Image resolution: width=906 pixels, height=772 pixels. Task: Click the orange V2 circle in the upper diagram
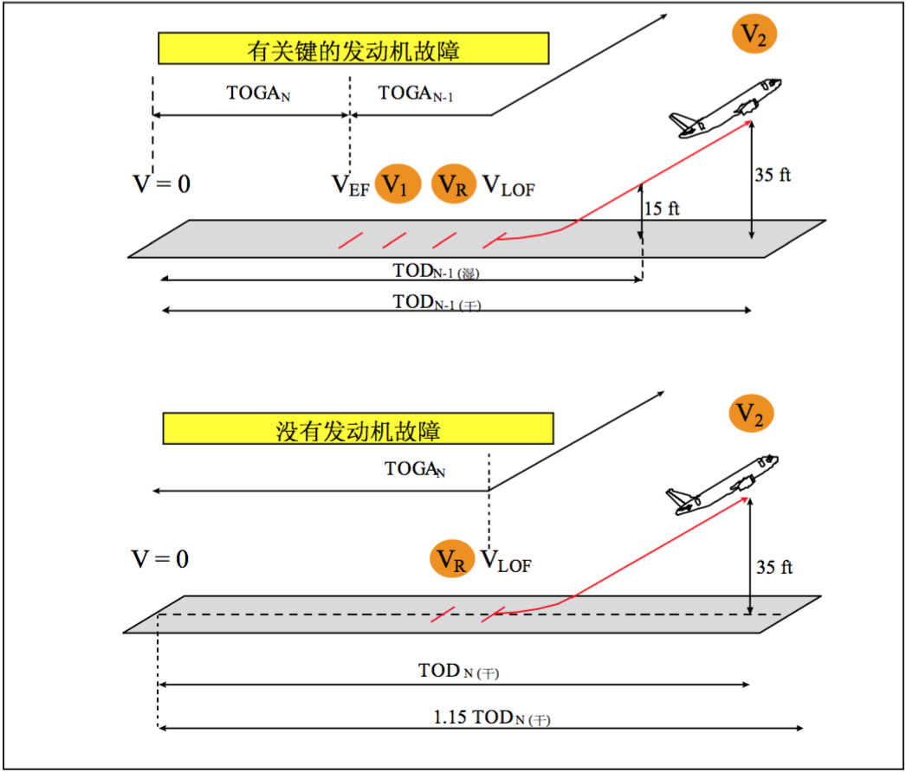[x=754, y=34]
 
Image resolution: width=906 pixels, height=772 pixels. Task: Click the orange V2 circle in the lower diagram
[x=751, y=414]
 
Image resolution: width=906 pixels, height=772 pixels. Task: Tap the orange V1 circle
[x=398, y=183]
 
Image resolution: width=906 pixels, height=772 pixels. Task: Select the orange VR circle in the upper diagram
[x=454, y=183]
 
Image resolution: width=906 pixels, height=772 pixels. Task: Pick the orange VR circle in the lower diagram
[x=452, y=559]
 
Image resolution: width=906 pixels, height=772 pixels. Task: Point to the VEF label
[x=350, y=185]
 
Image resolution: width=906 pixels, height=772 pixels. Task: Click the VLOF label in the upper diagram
[x=508, y=185]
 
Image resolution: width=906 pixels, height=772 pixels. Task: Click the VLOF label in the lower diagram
[x=506, y=561]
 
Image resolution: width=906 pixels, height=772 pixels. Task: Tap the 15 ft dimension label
[x=662, y=208]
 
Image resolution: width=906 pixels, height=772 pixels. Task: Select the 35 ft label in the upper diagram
[x=773, y=174]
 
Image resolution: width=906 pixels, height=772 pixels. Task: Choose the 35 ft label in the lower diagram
[x=774, y=567]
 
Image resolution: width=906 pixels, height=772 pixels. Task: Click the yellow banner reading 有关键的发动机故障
[x=353, y=48]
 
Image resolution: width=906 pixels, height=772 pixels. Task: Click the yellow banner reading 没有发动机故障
[x=359, y=428]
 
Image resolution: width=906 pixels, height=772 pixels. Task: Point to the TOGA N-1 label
[x=416, y=93]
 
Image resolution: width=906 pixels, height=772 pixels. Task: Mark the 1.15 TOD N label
[x=492, y=717]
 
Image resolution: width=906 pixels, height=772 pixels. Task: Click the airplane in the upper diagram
[x=725, y=108]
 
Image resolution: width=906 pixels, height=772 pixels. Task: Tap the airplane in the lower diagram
[x=722, y=485]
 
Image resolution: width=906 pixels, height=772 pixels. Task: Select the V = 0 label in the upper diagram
[x=161, y=183]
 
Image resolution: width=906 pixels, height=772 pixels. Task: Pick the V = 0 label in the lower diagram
[x=160, y=559]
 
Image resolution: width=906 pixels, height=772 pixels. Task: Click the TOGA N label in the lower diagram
[x=415, y=469]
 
